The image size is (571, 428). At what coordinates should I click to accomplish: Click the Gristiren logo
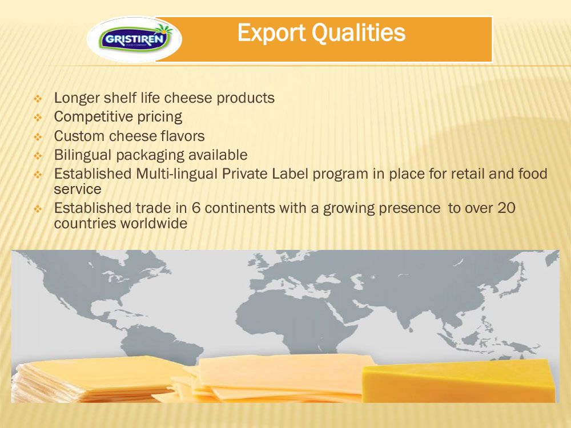pyautogui.click(x=134, y=39)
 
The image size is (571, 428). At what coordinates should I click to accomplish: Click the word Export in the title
pyautogui.click(x=271, y=33)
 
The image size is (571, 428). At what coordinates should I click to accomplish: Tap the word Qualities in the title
pyautogui.click(x=359, y=33)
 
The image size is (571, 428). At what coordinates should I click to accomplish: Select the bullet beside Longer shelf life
pyautogui.click(x=38, y=99)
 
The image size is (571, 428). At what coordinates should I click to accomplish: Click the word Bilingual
pyautogui.click(x=83, y=155)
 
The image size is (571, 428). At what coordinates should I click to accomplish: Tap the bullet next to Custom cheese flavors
pyautogui.click(x=38, y=137)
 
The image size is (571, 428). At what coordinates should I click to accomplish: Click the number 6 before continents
pyautogui.click(x=196, y=208)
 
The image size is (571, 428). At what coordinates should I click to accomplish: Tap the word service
pyautogui.click(x=78, y=189)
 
